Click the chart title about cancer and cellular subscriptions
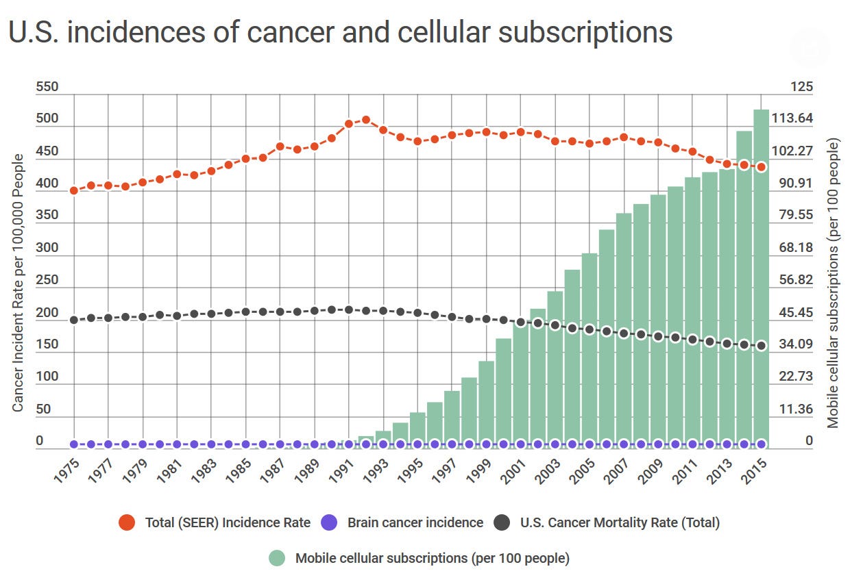(x=341, y=33)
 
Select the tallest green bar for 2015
(x=761, y=274)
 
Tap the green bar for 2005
(x=589, y=349)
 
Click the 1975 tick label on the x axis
(x=70, y=469)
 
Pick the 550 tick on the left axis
(x=47, y=87)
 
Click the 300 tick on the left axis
(x=47, y=247)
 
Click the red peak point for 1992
(x=365, y=120)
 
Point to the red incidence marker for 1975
(x=74, y=190)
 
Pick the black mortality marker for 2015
(x=761, y=346)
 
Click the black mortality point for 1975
(x=74, y=320)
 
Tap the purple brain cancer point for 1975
(x=74, y=444)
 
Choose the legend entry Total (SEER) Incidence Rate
(x=227, y=523)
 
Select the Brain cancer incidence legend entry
(x=415, y=523)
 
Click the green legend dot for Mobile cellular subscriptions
(x=277, y=558)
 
